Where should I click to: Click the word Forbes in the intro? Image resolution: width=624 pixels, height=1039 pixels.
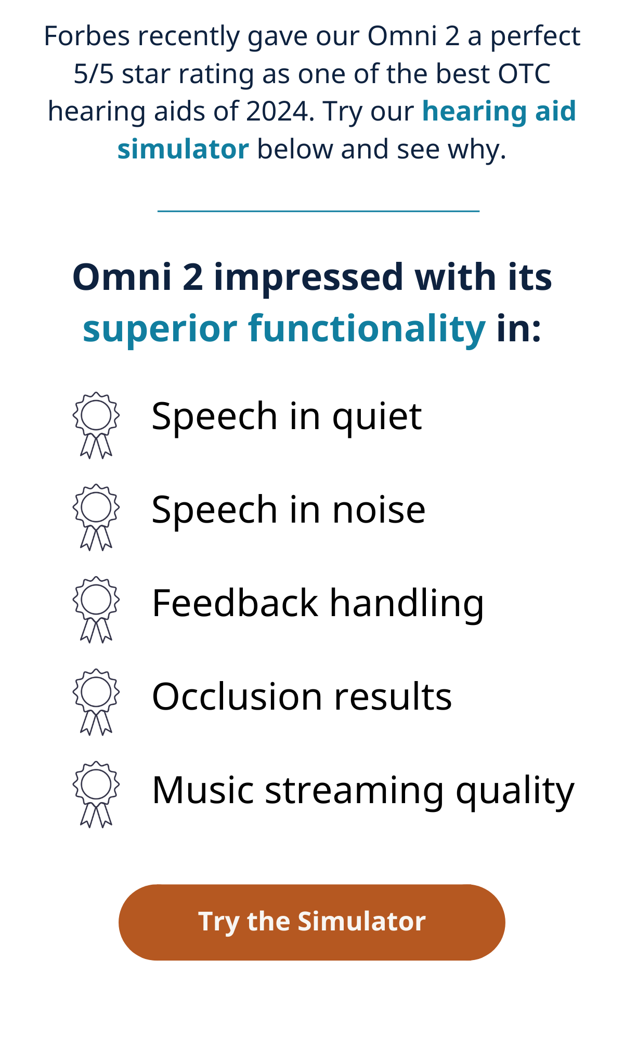click(x=87, y=36)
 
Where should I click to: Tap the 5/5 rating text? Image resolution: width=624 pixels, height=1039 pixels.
click(x=94, y=74)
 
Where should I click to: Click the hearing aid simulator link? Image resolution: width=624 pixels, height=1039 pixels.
click(x=347, y=130)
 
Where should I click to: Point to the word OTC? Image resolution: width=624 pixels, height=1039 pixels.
click(x=524, y=74)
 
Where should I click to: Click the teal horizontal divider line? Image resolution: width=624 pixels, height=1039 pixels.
click(x=318, y=211)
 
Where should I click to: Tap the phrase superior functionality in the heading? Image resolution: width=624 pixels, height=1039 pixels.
click(x=284, y=329)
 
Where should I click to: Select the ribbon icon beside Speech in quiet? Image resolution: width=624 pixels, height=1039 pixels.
click(x=96, y=425)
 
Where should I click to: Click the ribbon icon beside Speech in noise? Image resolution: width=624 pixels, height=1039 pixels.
click(x=96, y=517)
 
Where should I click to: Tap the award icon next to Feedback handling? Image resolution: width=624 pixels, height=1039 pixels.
click(x=96, y=610)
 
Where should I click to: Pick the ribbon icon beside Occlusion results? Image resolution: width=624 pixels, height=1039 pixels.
click(x=96, y=702)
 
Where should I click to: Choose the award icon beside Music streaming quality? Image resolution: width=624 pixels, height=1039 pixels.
click(x=96, y=795)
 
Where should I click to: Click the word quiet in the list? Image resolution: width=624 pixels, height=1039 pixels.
click(x=376, y=418)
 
